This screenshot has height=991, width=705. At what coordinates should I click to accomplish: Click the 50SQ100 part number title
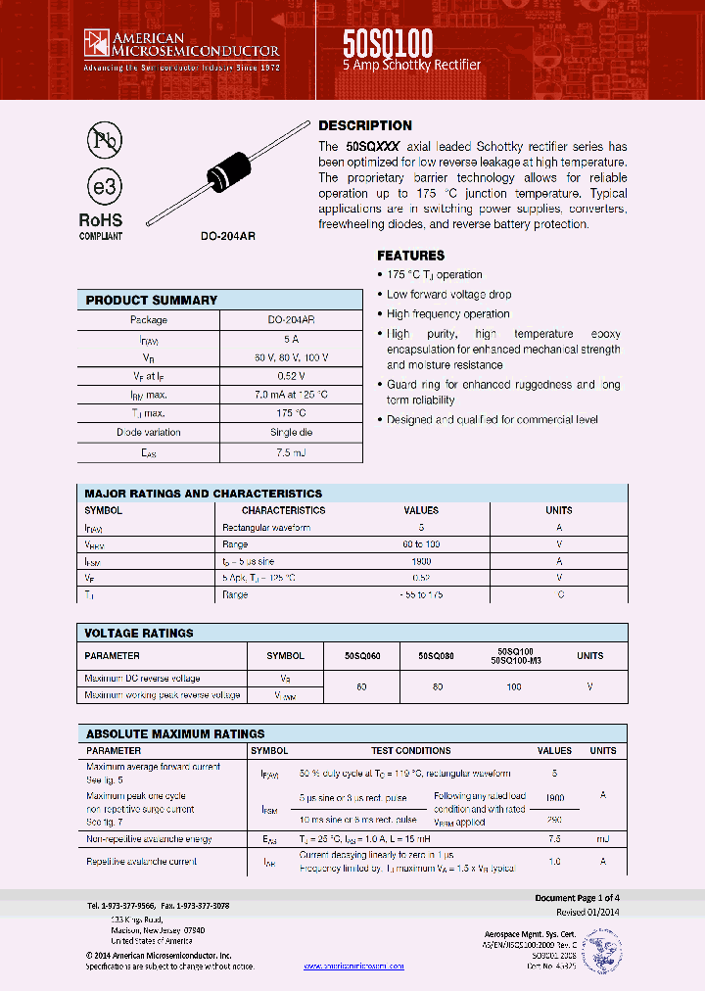pyautogui.click(x=388, y=42)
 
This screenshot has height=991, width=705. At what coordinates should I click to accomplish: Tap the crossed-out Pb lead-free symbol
pyautogui.click(x=102, y=141)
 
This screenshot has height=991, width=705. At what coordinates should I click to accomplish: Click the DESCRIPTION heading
pyautogui.click(x=365, y=126)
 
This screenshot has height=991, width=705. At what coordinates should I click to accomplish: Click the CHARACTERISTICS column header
pyautogui.click(x=283, y=510)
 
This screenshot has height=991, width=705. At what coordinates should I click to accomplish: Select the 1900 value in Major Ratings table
pyautogui.click(x=421, y=561)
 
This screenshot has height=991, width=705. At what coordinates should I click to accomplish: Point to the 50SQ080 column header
pyautogui.click(x=436, y=656)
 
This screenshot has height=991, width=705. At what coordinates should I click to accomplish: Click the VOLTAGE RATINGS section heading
pyautogui.click(x=139, y=634)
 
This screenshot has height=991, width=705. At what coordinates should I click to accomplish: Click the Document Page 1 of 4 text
pyautogui.click(x=577, y=898)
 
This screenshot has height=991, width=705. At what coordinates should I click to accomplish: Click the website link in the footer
pyautogui.click(x=354, y=966)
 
